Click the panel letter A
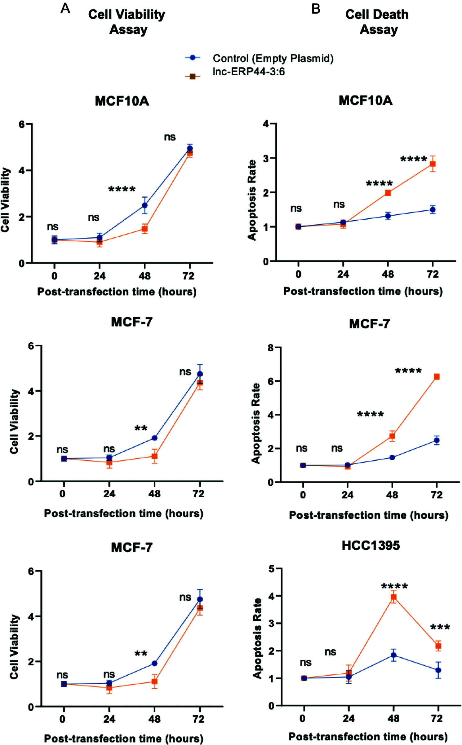click(65, 8)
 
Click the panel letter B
click(316, 9)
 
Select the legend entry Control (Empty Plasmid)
click(273, 58)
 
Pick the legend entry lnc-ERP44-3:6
click(248, 72)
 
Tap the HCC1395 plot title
click(371, 546)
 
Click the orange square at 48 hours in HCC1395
click(393, 597)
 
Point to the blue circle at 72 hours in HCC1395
click(438, 670)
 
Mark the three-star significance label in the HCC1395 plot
click(440, 627)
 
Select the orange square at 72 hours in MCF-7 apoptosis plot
click(437, 377)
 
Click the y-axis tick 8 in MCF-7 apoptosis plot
click(271, 348)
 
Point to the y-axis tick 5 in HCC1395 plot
click(272, 569)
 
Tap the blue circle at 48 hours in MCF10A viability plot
click(145, 205)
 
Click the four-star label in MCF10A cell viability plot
click(122, 189)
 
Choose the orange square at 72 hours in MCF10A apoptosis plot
click(433, 164)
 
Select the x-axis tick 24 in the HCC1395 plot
click(349, 718)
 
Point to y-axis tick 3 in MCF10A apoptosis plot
click(266, 158)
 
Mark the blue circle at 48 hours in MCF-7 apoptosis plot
click(392, 458)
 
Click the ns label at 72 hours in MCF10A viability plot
click(170, 137)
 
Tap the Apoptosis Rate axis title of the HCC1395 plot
click(257, 638)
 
